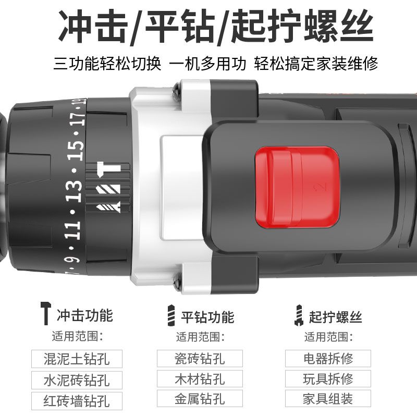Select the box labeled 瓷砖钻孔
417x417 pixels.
(200, 358)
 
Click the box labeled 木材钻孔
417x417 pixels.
(200, 378)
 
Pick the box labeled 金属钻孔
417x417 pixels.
(200, 399)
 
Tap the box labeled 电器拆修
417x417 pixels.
(328, 358)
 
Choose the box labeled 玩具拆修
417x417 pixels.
(328, 378)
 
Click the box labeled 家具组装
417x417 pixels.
(328, 399)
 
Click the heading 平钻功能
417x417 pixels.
(207, 316)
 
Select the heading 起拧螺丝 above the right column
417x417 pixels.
(335, 316)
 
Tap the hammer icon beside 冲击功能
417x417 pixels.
(46, 313)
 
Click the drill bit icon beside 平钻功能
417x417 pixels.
(169, 315)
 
